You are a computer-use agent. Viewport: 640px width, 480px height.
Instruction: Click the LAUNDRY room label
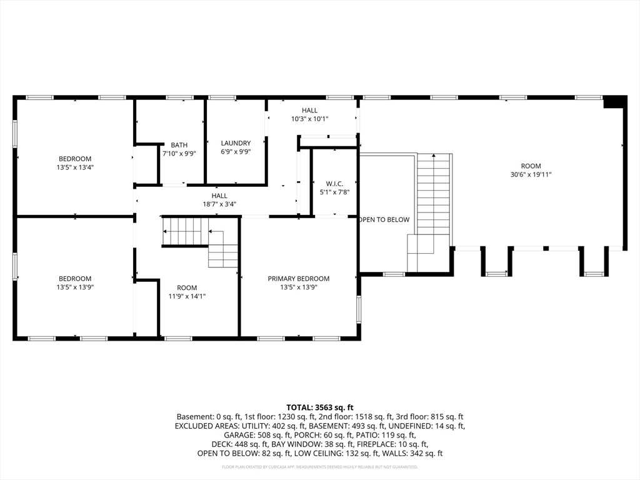click(236, 143)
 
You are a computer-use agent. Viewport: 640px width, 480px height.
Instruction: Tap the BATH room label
click(179, 145)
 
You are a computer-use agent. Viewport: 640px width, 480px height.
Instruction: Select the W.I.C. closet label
click(334, 184)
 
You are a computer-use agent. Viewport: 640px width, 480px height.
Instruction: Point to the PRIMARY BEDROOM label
click(298, 279)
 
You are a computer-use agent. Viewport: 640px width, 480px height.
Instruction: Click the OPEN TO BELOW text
click(384, 219)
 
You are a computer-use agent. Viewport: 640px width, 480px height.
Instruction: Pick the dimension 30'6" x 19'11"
click(531, 175)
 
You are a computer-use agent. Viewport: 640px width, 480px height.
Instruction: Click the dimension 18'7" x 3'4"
click(219, 204)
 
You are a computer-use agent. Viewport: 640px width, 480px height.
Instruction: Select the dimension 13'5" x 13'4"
click(75, 167)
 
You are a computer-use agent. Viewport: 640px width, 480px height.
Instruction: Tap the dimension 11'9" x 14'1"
click(187, 296)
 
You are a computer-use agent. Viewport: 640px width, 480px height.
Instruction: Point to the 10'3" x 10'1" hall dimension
click(310, 119)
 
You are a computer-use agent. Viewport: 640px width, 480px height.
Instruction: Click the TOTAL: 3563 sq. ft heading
click(319, 407)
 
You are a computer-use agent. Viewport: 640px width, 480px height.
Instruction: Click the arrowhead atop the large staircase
click(434, 155)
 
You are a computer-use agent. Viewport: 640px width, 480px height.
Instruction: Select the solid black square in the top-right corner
click(615, 102)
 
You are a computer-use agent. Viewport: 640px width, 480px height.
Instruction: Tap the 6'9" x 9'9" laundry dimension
click(236, 152)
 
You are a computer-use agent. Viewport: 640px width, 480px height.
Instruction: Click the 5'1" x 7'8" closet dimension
click(334, 192)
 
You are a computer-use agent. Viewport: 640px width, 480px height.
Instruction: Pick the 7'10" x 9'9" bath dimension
click(179, 154)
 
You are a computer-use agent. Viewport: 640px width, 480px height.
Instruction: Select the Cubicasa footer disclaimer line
click(319, 467)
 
